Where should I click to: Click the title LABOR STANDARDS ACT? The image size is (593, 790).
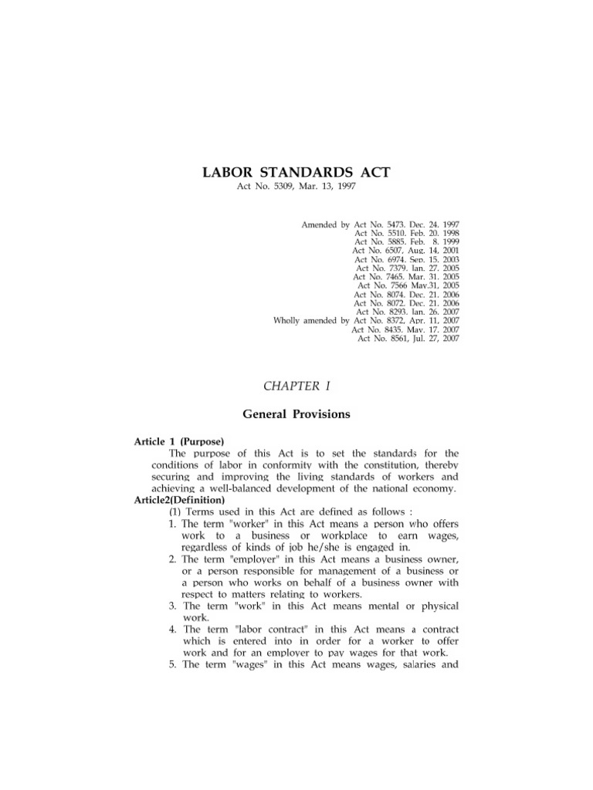pos(296,172)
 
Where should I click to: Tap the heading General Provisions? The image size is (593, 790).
pos(296,414)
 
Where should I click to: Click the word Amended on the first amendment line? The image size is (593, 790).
pos(318,225)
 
